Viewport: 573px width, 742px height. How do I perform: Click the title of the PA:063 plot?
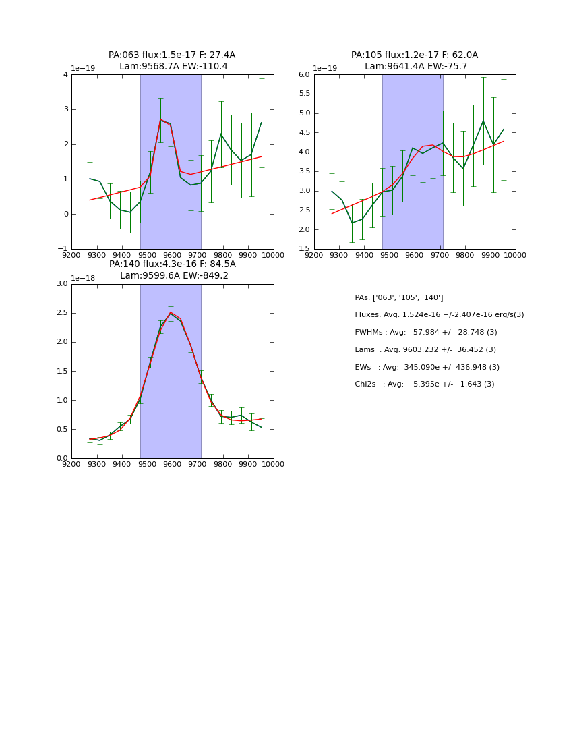(172, 61)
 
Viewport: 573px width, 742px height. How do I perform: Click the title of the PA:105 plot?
(415, 61)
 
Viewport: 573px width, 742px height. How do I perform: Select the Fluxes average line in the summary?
(439, 315)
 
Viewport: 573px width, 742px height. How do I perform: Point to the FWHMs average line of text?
(426, 333)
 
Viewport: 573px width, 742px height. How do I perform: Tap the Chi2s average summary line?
(424, 384)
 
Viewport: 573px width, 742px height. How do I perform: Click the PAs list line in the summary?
(399, 298)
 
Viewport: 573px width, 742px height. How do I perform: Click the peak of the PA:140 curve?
(171, 312)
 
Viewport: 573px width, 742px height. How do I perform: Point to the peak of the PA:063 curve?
(160, 119)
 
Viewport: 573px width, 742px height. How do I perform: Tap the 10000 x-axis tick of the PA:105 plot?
(515, 255)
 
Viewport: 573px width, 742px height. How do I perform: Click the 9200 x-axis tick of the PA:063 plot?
(71, 255)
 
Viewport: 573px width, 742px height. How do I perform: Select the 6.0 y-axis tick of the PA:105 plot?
(303, 75)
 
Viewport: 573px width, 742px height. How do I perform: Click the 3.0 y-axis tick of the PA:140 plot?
(61, 284)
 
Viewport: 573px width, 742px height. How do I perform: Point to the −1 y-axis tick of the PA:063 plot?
(61, 249)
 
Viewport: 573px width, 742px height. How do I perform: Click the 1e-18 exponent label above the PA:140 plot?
(83, 278)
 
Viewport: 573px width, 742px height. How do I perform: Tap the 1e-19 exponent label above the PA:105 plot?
(326, 69)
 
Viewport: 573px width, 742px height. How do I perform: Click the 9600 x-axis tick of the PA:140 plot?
(173, 464)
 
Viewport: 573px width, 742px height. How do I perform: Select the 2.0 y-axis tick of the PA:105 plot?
(303, 230)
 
